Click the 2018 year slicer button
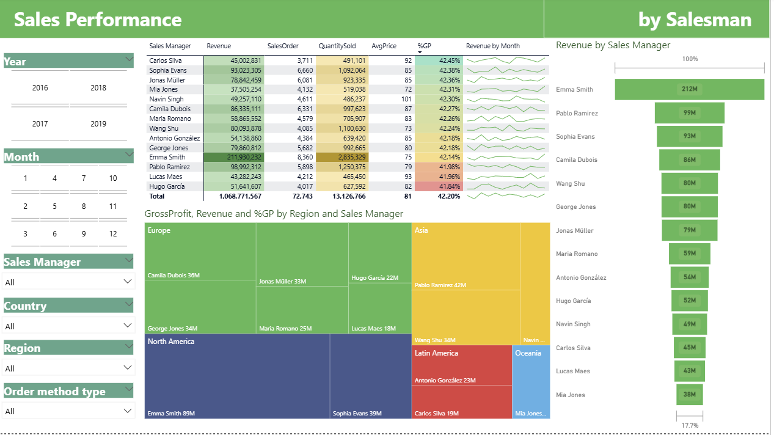[98, 88]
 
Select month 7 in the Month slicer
[84, 178]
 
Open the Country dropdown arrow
[128, 325]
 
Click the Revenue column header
[219, 46]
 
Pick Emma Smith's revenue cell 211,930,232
[234, 157]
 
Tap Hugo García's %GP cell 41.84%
[439, 186]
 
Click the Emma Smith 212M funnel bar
[689, 89]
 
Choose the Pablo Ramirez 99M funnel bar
[689, 113]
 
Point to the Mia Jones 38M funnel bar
[689, 395]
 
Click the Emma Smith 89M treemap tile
[237, 376]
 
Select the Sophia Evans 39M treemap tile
[370, 376]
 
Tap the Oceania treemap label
[528, 353]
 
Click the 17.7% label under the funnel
[689, 425]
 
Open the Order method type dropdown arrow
[128, 411]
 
